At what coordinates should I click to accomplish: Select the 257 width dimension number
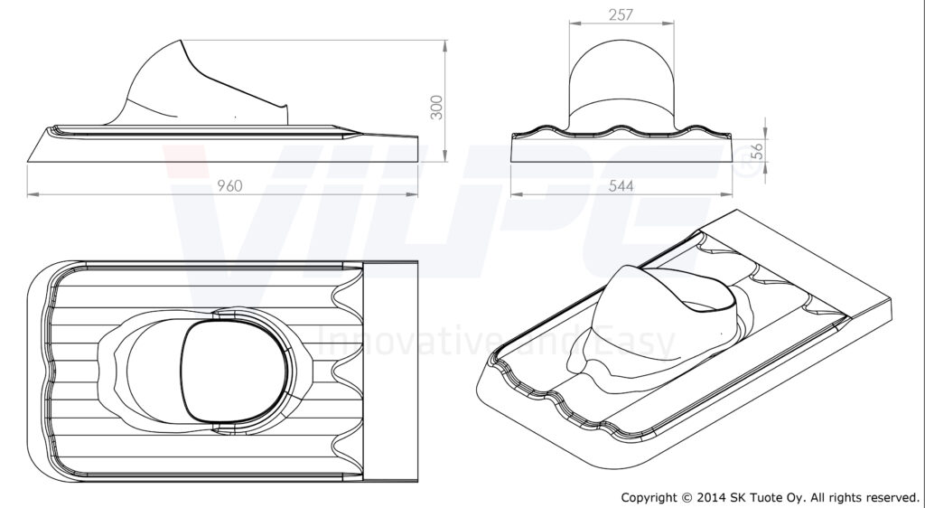(x=621, y=14)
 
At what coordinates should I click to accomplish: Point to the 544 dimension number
(x=621, y=185)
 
